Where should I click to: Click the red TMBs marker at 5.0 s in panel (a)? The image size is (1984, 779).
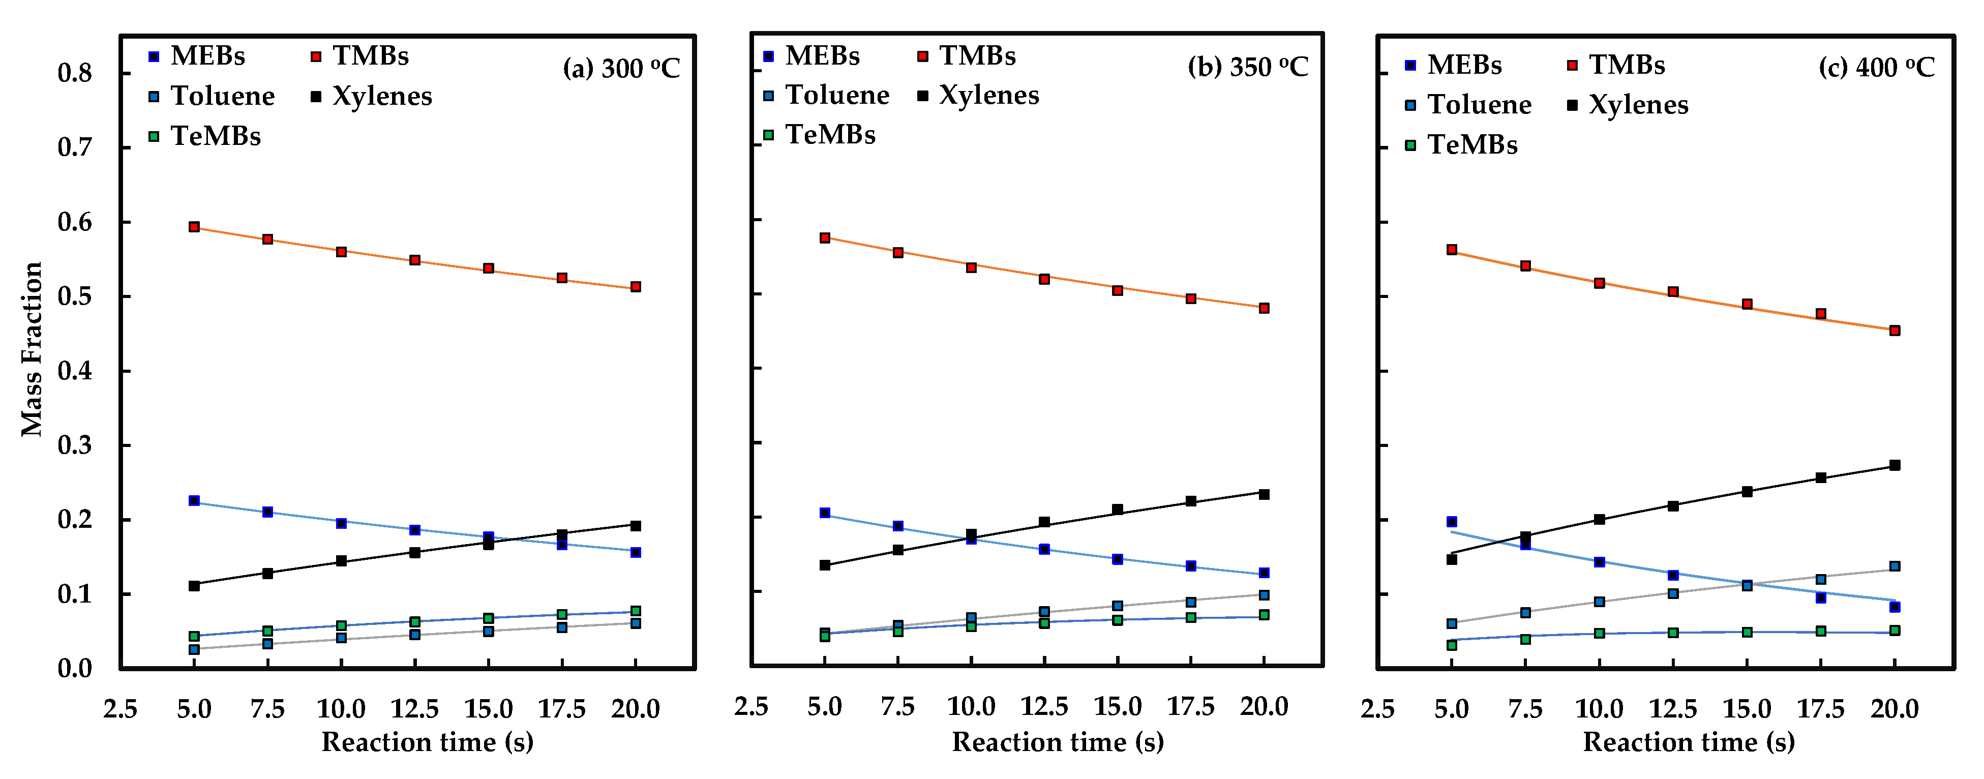point(194,227)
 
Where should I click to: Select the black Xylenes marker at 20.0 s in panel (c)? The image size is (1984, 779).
point(1895,465)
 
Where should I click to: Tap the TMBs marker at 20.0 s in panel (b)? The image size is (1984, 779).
point(1264,308)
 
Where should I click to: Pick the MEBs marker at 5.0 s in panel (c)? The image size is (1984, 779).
point(1452,522)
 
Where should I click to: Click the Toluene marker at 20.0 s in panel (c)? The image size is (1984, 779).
point(1895,566)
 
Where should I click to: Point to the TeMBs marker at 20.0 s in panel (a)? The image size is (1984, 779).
point(636,611)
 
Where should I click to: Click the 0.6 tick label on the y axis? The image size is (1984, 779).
point(75,223)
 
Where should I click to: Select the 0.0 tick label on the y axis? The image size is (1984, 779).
point(75,669)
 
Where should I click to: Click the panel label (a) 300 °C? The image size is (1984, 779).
point(621,69)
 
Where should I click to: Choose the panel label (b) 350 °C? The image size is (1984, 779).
point(1248,67)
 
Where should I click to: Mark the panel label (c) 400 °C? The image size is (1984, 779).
point(1876,68)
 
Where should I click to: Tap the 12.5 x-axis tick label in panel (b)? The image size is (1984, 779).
point(1043,707)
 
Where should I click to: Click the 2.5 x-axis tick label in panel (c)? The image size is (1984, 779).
point(1377,708)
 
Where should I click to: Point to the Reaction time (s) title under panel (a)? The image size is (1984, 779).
point(428,742)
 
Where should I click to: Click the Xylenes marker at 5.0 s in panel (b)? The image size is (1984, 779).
point(825,565)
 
